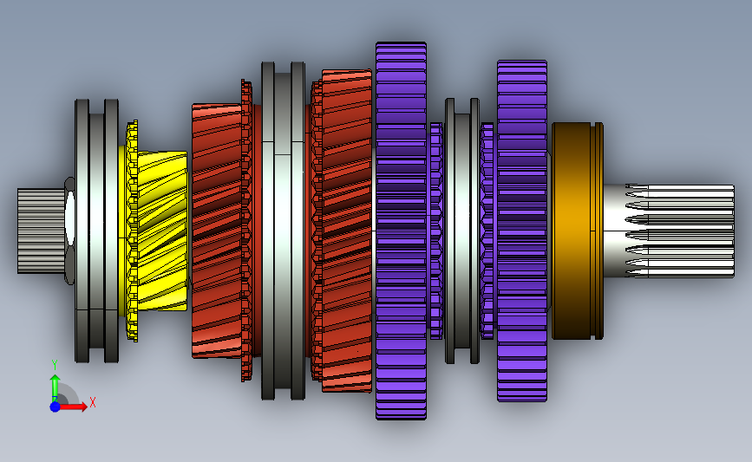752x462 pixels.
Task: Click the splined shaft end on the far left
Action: [x=41, y=231]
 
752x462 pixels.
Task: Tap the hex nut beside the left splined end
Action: [x=70, y=231]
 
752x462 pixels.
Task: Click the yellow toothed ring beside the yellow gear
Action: [x=132, y=231]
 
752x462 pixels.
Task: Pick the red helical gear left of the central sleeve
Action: [x=216, y=231]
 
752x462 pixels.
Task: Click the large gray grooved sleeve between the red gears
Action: [x=283, y=231]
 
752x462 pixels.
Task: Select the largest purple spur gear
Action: [x=401, y=231]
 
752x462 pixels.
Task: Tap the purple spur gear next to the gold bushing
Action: [x=522, y=231]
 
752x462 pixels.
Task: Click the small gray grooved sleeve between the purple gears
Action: [x=462, y=231]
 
